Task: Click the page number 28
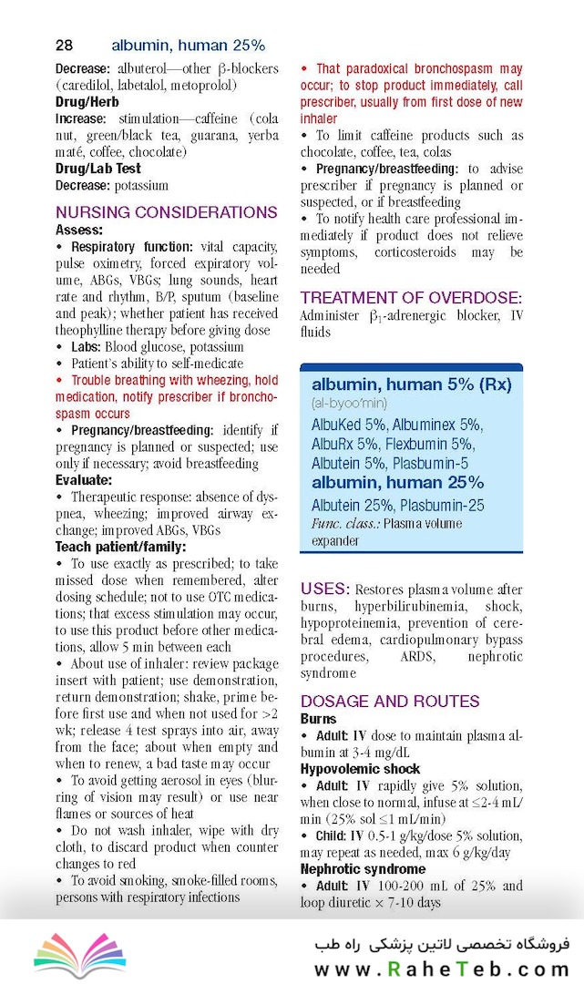(x=65, y=45)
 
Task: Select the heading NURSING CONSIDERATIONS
(x=166, y=212)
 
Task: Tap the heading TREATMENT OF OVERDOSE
(x=411, y=298)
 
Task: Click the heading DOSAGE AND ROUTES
(x=390, y=701)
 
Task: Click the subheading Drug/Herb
(x=87, y=102)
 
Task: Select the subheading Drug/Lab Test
(x=98, y=169)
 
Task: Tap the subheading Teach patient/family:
(x=120, y=547)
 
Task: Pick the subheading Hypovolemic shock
(x=360, y=768)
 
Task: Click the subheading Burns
(x=318, y=719)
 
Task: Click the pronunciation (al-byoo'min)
(x=349, y=402)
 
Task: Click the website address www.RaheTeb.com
(x=442, y=969)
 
